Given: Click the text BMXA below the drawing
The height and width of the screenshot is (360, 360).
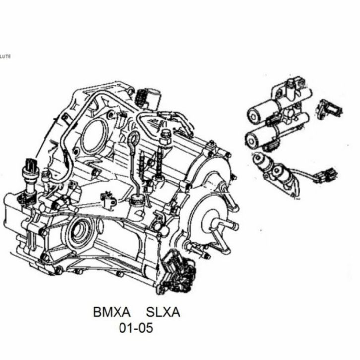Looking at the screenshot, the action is pyautogui.click(x=112, y=312).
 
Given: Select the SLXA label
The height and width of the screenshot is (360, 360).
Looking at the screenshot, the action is pyautogui.click(x=163, y=312).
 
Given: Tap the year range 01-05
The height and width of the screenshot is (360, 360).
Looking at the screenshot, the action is pyautogui.click(x=136, y=328).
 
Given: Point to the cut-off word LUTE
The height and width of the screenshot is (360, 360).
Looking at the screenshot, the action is pyautogui.click(x=5, y=56).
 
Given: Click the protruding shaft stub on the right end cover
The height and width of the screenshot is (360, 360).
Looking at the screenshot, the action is pyautogui.click(x=226, y=225).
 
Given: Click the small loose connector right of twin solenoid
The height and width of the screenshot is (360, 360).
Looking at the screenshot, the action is pyautogui.click(x=330, y=110).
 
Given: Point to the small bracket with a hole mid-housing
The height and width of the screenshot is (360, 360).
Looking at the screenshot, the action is pyautogui.click(x=109, y=200).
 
